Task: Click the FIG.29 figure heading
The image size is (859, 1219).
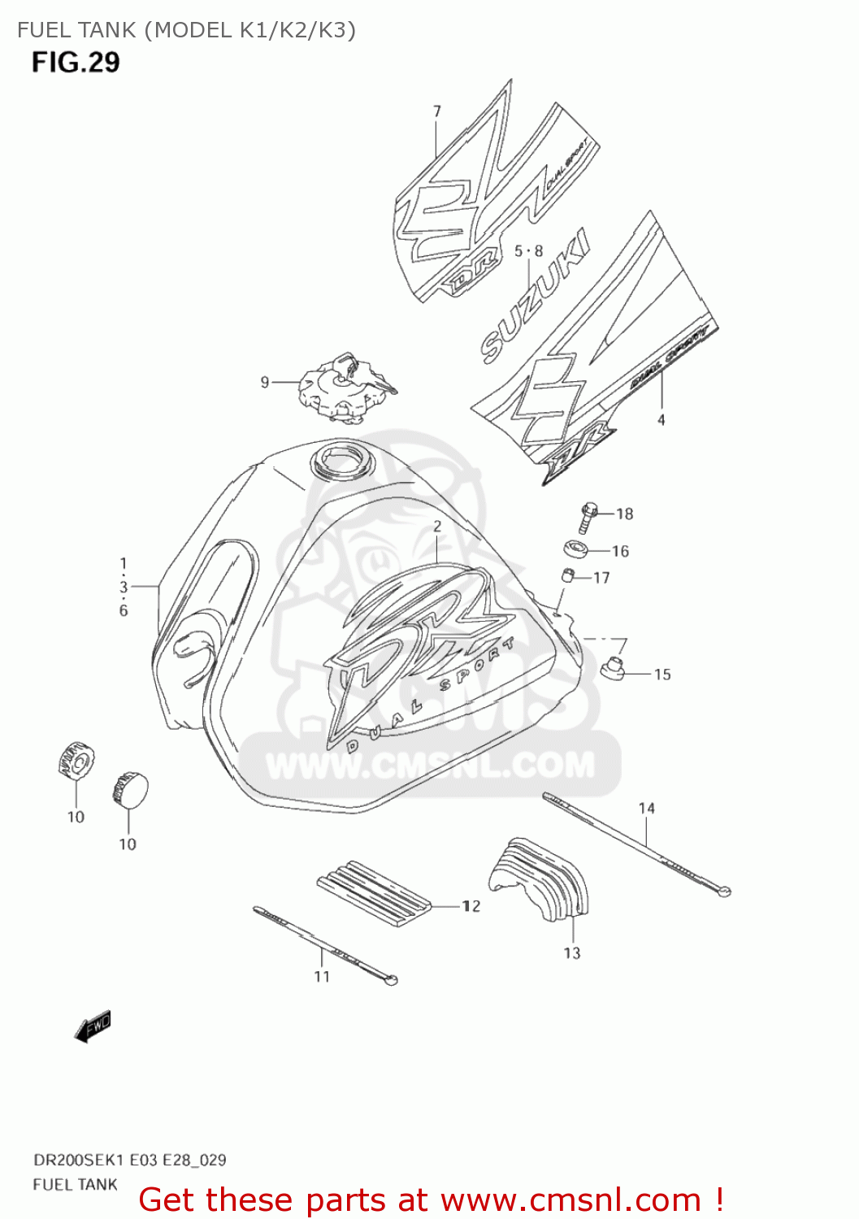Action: [76, 63]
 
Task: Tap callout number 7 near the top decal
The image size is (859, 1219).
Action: [437, 111]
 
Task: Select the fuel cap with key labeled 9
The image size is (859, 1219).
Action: [345, 388]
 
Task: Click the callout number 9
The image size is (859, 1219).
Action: [265, 382]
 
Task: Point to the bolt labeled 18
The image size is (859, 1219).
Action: [588, 516]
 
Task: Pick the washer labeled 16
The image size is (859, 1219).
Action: [576, 549]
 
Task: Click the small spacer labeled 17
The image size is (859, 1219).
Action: [569, 576]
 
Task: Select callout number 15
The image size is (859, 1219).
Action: [662, 675]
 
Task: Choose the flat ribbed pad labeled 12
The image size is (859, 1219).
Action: [374, 892]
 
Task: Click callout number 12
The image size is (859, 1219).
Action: [471, 906]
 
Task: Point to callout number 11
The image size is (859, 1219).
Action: [322, 977]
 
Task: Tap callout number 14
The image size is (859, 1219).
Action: [647, 809]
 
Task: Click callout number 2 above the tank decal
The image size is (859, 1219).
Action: [437, 527]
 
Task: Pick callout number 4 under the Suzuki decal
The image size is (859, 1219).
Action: [662, 420]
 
